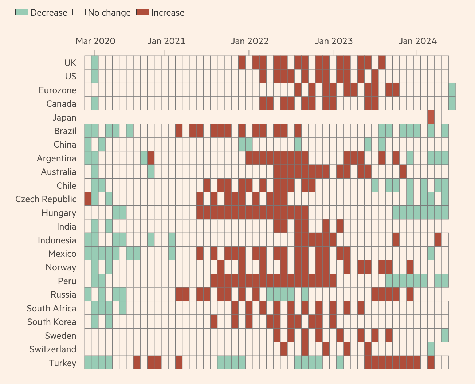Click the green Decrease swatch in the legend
tap(21, 12)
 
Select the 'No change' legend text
tap(109, 13)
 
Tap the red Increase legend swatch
tap(143, 12)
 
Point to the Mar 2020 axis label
tap(95, 41)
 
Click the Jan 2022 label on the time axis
tap(250, 41)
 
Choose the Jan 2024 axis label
tap(417, 41)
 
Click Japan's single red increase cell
tap(431, 117)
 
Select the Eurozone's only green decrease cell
tap(452, 90)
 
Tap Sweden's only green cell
tap(445, 335)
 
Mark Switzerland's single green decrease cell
tap(431, 349)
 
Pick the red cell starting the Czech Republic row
tap(88, 199)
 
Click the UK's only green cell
tap(95, 63)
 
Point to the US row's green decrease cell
tap(95, 76)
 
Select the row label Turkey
tap(63, 363)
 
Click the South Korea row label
tap(52, 322)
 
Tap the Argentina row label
tap(56, 158)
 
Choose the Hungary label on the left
tap(59, 213)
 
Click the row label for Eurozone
tap(58, 90)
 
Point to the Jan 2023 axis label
tap(334, 41)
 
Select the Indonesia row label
tap(57, 240)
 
